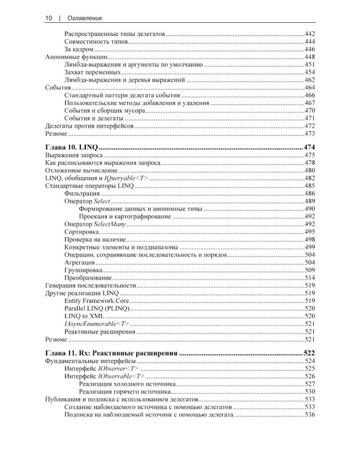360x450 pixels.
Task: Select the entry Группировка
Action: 83,270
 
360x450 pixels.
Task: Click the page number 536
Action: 310,414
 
